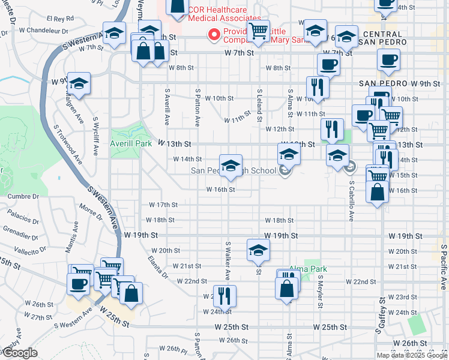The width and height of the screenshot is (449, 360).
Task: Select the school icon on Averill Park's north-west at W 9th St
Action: pyautogui.click(x=79, y=85)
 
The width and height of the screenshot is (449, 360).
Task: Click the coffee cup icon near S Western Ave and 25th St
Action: pyautogui.click(x=79, y=284)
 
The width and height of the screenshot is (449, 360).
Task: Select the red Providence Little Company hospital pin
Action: pyautogui.click(x=212, y=35)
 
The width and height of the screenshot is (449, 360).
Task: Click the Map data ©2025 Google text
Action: pyautogui.click(x=411, y=355)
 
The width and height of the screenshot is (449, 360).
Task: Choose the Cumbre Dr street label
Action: pyautogui.click(x=23, y=196)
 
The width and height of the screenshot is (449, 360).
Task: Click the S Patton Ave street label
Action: pyautogui.click(x=197, y=106)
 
